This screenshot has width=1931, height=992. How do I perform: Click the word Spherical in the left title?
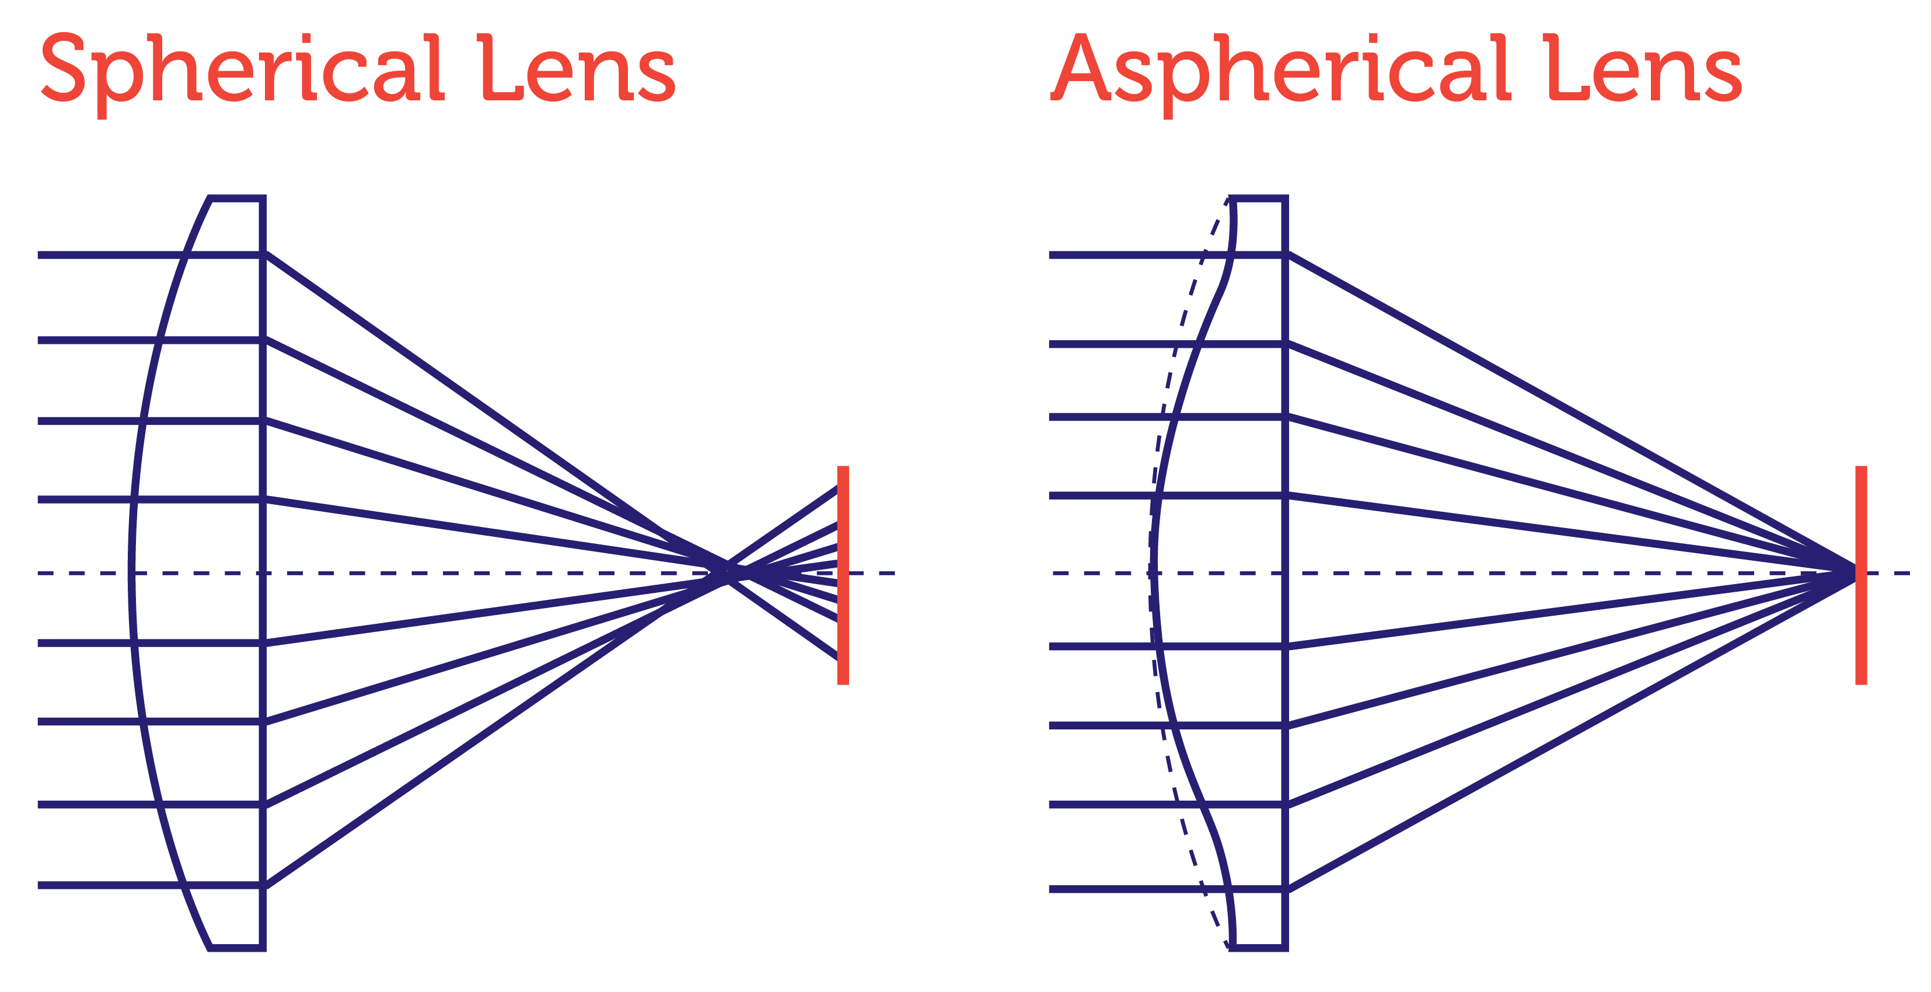(242, 75)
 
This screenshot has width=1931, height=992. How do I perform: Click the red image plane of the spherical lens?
(843, 575)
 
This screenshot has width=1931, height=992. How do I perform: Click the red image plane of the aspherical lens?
(1860, 575)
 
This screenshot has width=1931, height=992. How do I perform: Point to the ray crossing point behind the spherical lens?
(725, 573)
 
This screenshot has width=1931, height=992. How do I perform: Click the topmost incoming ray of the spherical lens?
(150, 255)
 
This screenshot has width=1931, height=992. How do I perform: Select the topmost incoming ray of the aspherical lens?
(1167, 255)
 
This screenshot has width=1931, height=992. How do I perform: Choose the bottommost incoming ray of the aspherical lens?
(1167, 889)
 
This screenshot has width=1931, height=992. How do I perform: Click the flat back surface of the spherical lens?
(263, 574)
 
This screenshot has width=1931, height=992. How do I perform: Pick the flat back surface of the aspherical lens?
(1285, 574)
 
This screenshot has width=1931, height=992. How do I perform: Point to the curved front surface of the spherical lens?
(132, 574)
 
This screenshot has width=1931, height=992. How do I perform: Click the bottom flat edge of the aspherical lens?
(1259, 948)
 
